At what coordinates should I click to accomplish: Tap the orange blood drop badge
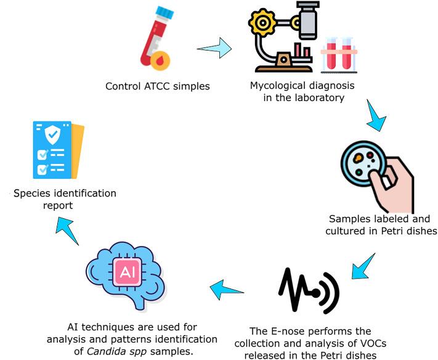coord(161,60)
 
